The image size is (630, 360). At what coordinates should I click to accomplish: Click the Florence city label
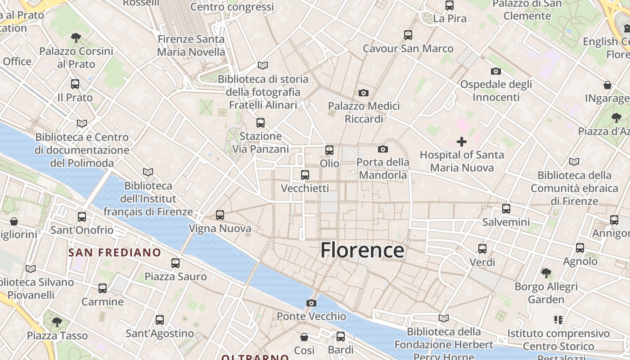pyautogui.click(x=362, y=250)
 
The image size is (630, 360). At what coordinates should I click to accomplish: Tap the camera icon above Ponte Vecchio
pyautogui.click(x=311, y=303)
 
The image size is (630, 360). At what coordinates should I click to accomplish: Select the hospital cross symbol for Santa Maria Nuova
pyautogui.click(x=462, y=142)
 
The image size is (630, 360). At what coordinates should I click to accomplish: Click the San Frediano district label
pyautogui.click(x=114, y=252)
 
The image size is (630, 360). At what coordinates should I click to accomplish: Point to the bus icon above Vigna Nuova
pyautogui.click(x=220, y=215)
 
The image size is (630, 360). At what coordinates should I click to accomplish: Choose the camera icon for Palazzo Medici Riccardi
pyautogui.click(x=364, y=93)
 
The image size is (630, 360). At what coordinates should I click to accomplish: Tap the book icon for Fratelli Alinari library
pyautogui.click(x=263, y=66)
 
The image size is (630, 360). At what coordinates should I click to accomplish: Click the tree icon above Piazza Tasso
pyautogui.click(x=57, y=322)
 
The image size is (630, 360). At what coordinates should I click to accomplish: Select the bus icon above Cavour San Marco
pyautogui.click(x=408, y=35)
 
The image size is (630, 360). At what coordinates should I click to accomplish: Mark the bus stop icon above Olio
pyautogui.click(x=329, y=150)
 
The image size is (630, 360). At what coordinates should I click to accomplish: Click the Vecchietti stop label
pyautogui.click(x=305, y=188)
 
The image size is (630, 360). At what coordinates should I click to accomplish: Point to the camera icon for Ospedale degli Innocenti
pyautogui.click(x=496, y=71)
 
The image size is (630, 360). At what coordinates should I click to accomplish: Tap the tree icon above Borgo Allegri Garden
pyautogui.click(x=546, y=273)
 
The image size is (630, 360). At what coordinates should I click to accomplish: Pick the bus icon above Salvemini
pyautogui.click(x=506, y=209)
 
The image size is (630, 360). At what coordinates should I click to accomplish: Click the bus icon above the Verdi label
pyautogui.click(x=482, y=248)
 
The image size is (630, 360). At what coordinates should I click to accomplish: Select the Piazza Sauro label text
pyautogui.click(x=175, y=276)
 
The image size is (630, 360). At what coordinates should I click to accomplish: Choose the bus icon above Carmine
pyautogui.click(x=103, y=288)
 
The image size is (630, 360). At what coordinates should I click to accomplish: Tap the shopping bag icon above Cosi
pyautogui.click(x=304, y=337)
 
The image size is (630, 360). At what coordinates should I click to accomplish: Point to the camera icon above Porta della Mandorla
pyautogui.click(x=383, y=149)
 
